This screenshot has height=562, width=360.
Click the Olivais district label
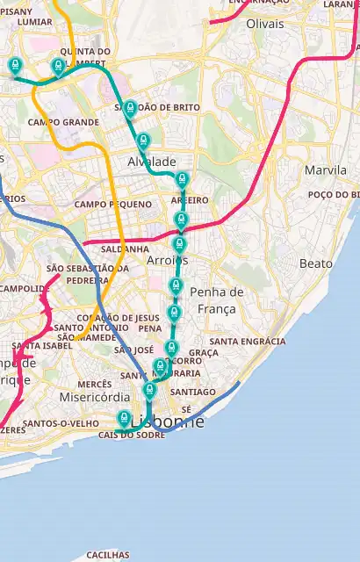coord(266,24)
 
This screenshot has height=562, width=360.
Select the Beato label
coord(316,263)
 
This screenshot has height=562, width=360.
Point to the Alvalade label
coord(152,162)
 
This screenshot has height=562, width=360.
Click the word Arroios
coord(167,261)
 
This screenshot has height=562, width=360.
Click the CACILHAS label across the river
coord(107,555)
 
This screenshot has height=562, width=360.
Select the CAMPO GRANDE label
coord(63,122)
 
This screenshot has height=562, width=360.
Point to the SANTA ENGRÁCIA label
coord(248,341)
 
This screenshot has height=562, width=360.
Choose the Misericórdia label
coord(83,397)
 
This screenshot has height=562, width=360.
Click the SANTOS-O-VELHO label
coord(60,423)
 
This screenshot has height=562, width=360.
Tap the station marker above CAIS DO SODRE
coord(125,418)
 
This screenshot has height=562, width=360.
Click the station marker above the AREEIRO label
coord(183,180)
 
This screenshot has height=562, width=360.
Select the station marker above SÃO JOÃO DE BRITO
coord(131,108)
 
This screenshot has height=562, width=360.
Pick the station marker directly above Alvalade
coord(143,140)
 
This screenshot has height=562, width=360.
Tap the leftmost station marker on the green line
coord(14,65)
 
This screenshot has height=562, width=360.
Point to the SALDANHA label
coord(124,249)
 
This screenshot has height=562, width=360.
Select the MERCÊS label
coord(94,384)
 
